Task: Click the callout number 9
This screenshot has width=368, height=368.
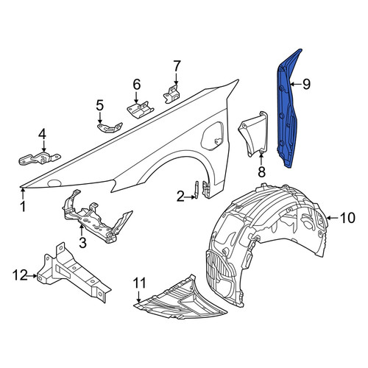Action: tap(306, 84)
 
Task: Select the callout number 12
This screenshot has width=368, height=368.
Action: tap(20, 275)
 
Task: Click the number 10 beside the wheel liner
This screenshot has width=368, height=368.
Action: tap(348, 218)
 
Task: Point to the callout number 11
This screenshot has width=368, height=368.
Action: tap(140, 283)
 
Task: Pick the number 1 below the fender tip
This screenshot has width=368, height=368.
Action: tap(23, 206)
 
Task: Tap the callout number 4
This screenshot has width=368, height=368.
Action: tap(42, 134)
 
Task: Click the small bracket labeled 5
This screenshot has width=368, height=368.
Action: tap(110, 127)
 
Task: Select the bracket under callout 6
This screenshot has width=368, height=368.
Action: tap(140, 109)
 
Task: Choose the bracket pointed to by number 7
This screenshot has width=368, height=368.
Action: tap(171, 93)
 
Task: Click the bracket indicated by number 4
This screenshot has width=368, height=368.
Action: tap(39, 158)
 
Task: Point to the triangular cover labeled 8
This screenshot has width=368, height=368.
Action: tap(253, 133)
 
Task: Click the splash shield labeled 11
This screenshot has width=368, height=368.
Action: tap(182, 300)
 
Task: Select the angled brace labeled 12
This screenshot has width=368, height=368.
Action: tap(74, 272)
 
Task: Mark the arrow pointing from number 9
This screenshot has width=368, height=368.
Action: tap(295, 84)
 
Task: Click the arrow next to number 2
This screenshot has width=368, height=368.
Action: tap(190, 197)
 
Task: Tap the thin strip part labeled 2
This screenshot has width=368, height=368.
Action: tap(197, 189)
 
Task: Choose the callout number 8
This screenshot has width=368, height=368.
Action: tap(261, 171)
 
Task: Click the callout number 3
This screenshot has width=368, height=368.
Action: tap(82, 243)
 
